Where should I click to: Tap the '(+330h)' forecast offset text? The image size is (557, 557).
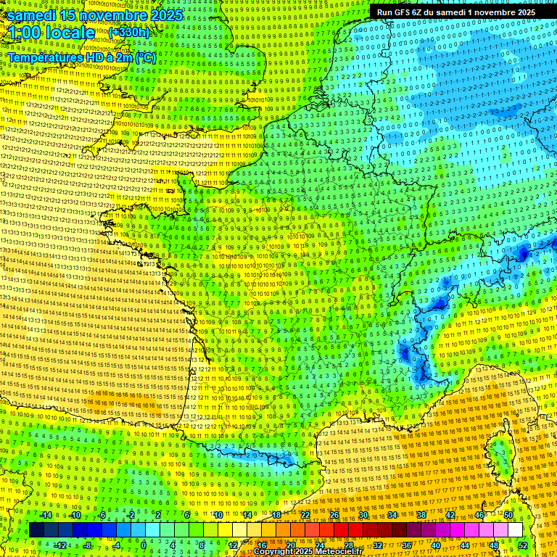click(128, 32)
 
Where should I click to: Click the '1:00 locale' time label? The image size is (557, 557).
click(51, 33)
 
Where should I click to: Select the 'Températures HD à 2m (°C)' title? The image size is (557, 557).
click(81, 57)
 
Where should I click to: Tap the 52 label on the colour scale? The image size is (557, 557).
click(523, 545)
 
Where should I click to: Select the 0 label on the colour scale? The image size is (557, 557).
click(144, 545)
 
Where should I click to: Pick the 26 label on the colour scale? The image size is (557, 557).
click(334, 515)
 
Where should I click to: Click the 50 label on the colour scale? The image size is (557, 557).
click(508, 515)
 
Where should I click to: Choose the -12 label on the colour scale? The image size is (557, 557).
click(60, 545)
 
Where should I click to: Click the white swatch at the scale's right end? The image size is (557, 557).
click(515, 529)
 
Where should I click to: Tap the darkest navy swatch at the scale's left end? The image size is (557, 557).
click(37, 529)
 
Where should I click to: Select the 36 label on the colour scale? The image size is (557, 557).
click(407, 545)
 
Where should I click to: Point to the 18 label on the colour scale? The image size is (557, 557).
click(276, 515)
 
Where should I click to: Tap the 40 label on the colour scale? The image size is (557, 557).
click(436, 545)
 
